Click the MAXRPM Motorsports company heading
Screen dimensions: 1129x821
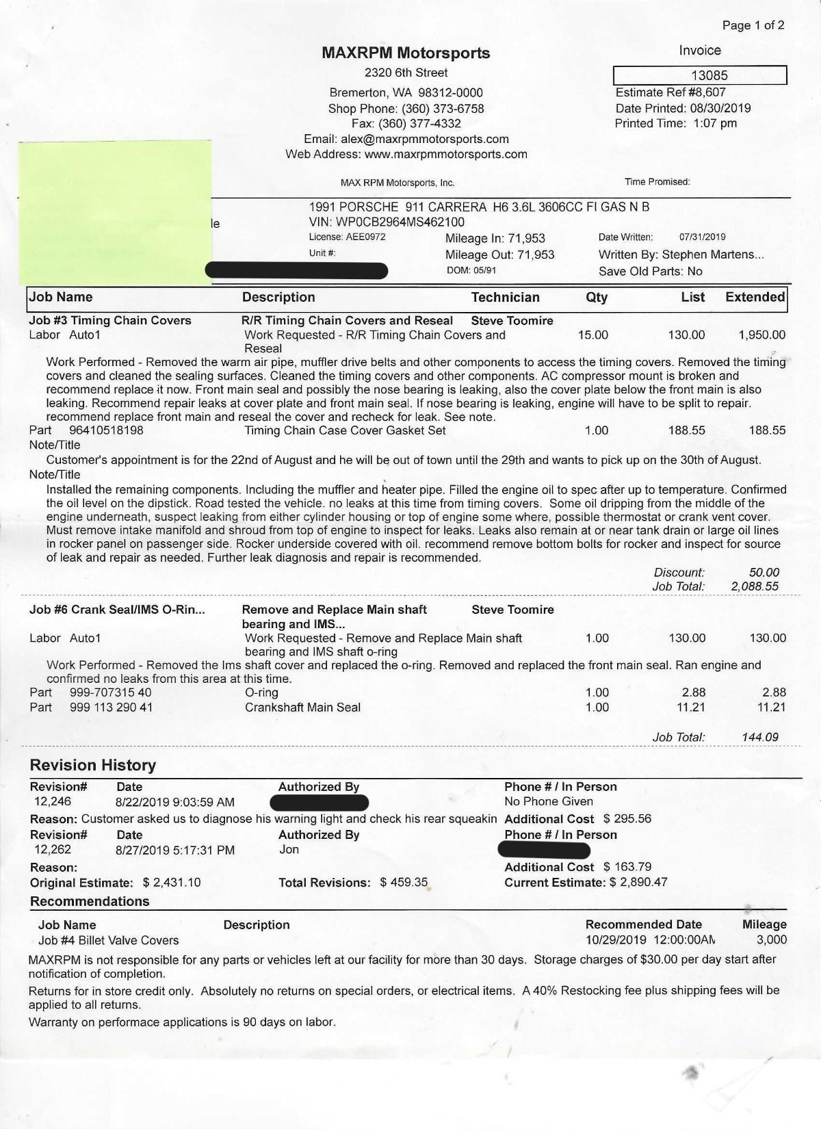(406, 53)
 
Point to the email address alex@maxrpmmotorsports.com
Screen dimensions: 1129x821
(425, 139)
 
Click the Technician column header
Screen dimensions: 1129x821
(505, 297)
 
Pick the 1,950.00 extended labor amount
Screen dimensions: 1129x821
(761, 335)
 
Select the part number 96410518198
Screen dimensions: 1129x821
(107, 430)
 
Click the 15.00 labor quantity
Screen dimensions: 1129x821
(592, 335)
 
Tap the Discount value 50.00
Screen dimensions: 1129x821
(764, 572)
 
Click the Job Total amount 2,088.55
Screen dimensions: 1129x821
(754, 586)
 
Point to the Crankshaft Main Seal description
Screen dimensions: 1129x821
(302, 707)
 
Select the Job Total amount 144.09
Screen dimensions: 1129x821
(759, 737)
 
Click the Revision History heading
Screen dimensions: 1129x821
(93, 765)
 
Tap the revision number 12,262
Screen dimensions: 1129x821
(53, 849)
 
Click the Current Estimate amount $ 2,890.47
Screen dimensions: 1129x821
(638, 882)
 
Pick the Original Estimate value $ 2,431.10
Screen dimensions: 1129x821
(172, 882)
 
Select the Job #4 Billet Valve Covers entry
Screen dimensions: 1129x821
(108, 940)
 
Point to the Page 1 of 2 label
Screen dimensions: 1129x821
(753, 25)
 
